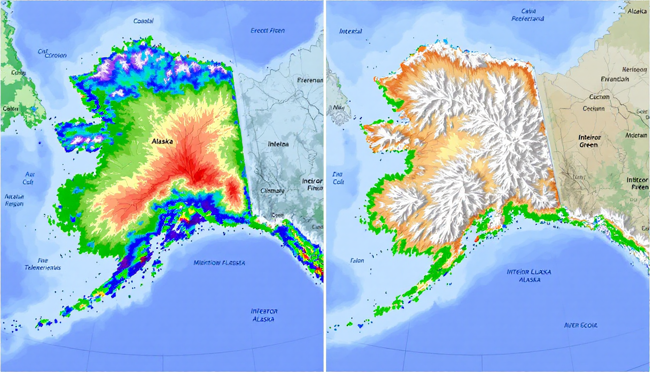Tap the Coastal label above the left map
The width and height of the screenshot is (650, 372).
(143, 21)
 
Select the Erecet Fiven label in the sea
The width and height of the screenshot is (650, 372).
(267, 31)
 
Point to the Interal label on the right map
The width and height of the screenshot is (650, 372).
(351, 31)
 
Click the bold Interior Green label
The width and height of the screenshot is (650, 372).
(589, 141)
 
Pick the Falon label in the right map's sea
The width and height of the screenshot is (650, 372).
(357, 261)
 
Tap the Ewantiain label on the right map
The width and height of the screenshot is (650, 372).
(615, 79)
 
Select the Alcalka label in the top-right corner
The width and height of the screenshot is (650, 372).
(637, 10)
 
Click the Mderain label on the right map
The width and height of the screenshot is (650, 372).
(636, 135)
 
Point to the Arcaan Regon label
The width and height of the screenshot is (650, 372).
(15, 200)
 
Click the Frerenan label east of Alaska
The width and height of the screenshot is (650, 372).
(310, 80)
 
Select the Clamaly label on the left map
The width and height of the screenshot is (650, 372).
(272, 190)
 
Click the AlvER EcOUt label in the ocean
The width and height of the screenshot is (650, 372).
(581, 325)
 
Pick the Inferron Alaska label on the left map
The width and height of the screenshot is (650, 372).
(264, 315)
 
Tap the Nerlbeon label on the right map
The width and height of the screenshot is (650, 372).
(634, 69)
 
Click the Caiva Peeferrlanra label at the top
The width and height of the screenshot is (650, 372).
(528, 15)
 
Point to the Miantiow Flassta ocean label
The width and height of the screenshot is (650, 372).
(219, 263)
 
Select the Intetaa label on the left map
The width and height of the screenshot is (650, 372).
(279, 144)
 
